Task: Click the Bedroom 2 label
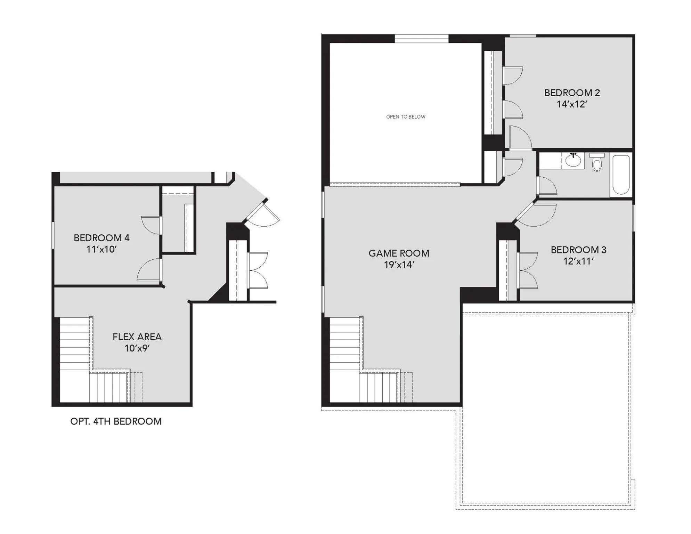point(572,93)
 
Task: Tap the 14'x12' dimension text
point(572,104)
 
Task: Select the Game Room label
point(399,253)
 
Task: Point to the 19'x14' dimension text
point(399,265)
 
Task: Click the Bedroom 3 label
point(578,250)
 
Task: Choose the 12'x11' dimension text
point(578,261)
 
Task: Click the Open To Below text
point(406,117)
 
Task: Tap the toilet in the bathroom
point(597,163)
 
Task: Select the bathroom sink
point(573,161)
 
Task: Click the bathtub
point(621,175)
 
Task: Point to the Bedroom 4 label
point(101,238)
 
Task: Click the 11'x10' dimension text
point(101,249)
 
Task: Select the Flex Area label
point(137,337)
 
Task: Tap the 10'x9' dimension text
point(137,348)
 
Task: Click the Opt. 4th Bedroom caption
point(116,421)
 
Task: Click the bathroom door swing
point(546,186)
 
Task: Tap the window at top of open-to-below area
point(421,39)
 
